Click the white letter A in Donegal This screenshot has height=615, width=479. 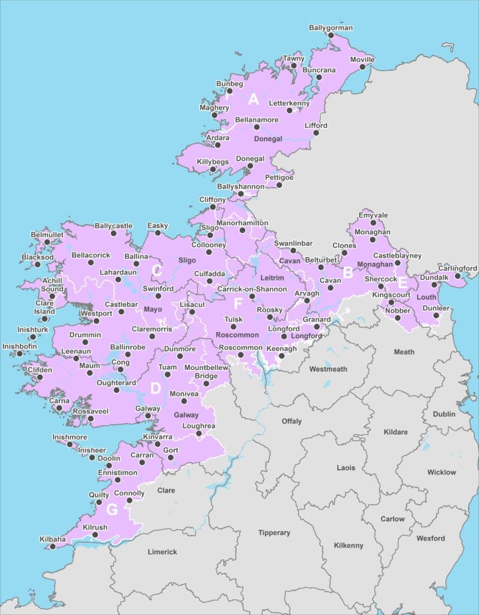tap(254, 99)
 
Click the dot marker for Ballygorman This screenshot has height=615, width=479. tap(331, 35)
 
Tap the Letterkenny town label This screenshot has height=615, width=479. tap(289, 103)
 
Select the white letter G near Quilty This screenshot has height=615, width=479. tap(112, 510)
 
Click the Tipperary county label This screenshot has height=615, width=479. tap(274, 533)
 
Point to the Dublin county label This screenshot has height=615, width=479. tap(444, 414)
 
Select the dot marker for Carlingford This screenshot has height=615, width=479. tap(458, 276)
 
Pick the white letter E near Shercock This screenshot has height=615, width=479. tap(403, 283)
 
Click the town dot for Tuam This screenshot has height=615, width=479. tap(168, 375)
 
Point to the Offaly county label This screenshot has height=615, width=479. tap(291, 422)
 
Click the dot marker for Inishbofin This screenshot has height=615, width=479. tap(19, 354)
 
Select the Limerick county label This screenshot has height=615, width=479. tap(162, 551)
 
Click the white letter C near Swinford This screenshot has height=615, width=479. tap(156, 271)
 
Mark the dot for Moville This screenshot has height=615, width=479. tap(362, 68)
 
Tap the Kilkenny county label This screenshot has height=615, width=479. tap(349, 545)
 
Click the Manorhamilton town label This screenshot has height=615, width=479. tap(242, 222)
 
